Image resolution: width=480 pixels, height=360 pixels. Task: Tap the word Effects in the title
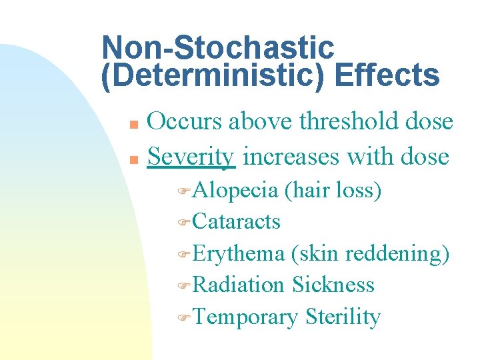(387, 76)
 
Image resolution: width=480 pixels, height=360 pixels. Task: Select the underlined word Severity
(191, 157)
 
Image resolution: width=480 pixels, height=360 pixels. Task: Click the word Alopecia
(235, 191)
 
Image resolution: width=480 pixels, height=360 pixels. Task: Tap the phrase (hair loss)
(333, 191)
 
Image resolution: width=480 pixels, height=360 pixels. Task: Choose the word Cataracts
(236, 221)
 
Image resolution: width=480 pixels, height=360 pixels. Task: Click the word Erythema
(237, 253)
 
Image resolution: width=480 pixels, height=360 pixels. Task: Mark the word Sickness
(333, 285)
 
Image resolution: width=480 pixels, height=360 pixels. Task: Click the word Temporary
(245, 317)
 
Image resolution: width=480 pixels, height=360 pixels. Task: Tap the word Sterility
(343, 317)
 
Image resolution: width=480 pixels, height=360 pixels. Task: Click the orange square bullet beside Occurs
(133, 125)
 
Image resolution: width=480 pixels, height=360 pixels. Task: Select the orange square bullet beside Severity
(133, 159)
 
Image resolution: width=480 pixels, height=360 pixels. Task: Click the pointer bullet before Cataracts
(185, 223)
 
